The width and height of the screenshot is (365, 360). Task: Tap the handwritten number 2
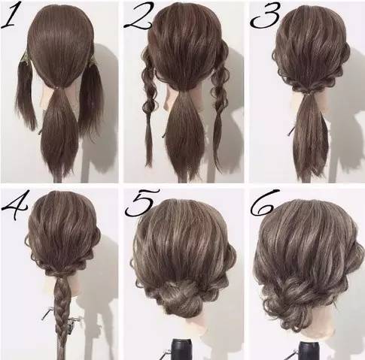point(138,16)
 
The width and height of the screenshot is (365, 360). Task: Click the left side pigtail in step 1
point(25,95)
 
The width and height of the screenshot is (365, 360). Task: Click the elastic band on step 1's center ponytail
point(59,88)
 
